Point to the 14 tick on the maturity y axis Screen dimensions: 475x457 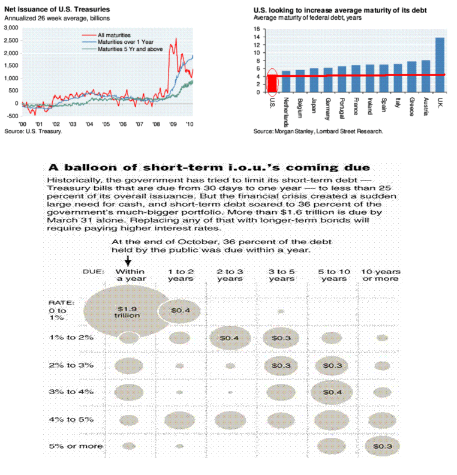pyautogui.click(x=257, y=37)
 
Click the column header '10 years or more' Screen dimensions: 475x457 pyautogui.click(x=381, y=275)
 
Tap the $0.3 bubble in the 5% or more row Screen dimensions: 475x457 pyautogui.click(x=381, y=446)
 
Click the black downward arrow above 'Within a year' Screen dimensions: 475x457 pyautogui.click(x=127, y=260)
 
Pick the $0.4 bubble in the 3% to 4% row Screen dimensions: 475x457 pyautogui.click(x=331, y=392)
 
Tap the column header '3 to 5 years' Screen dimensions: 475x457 pyautogui.click(x=282, y=275)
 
